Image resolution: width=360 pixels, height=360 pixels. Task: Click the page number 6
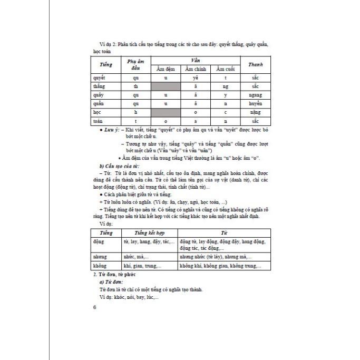94,307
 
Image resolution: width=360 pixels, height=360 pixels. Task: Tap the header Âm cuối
226,70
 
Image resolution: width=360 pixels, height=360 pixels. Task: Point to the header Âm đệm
166,70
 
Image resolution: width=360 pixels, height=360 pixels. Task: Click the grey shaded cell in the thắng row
166,86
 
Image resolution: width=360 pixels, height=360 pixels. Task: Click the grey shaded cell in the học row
166,113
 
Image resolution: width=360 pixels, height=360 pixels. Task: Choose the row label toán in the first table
98,121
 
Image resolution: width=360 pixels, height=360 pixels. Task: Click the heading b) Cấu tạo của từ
117,166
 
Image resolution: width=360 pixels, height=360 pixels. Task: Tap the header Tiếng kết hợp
149,232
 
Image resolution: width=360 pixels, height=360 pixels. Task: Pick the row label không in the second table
99,266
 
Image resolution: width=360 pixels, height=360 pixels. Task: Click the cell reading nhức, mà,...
137,257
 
